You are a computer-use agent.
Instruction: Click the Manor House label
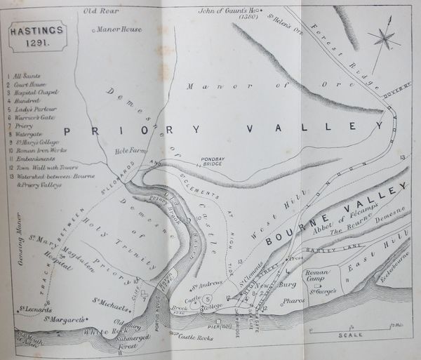tap(118, 30)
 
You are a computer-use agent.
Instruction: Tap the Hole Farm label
tap(131, 149)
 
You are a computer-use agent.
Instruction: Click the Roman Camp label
tap(316, 274)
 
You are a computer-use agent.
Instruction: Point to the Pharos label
tap(292, 301)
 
